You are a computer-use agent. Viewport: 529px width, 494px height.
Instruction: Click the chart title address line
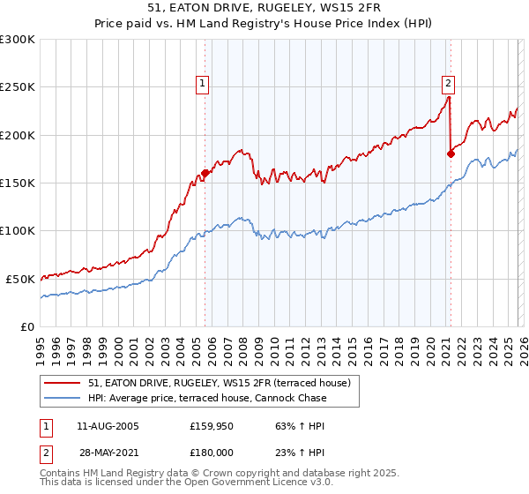tap(264, 8)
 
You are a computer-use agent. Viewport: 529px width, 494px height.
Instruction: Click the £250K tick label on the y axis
tap(18, 87)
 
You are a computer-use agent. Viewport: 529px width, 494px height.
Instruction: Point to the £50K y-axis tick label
tap(20, 279)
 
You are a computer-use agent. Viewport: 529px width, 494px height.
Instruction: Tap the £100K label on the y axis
tap(18, 231)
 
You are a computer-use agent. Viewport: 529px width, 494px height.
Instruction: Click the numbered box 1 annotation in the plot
tap(204, 84)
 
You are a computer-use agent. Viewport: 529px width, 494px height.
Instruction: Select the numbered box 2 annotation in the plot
tap(448, 84)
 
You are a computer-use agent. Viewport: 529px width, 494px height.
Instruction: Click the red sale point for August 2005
tap(205, 173)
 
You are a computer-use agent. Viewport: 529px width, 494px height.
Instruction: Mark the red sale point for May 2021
tap(451, 153)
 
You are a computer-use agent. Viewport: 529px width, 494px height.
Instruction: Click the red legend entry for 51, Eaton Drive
tap(220, 383)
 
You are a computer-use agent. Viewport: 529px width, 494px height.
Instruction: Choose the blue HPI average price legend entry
tap(207, 398)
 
